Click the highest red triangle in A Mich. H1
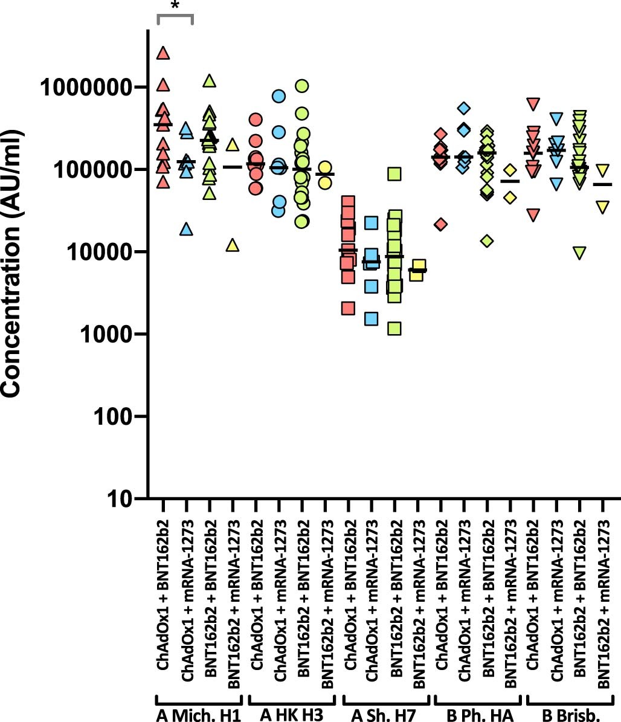coord(163,54)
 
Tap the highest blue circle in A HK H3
coord(278,96)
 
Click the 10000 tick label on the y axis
coord(101,252)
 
